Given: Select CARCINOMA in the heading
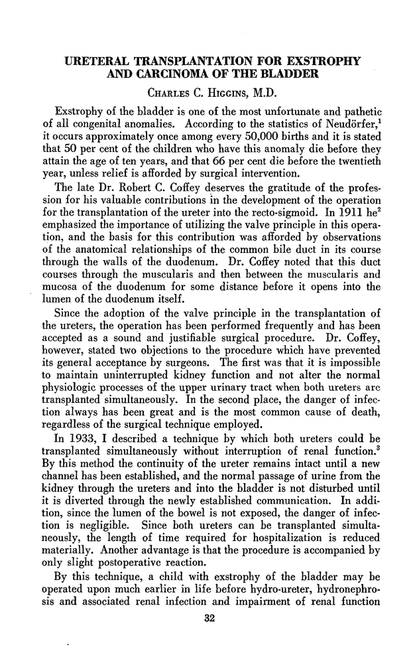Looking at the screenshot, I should coord(178,77).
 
